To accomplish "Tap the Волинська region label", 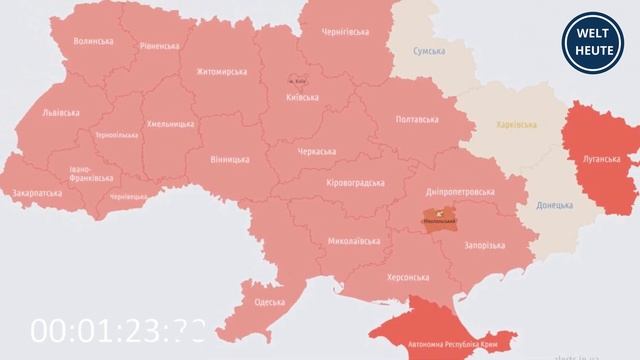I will click(x=93, y=41).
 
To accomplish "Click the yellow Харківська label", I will click(x=515, y=125).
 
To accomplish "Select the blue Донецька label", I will click(x=554, y=205).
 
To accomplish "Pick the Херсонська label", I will click(x=408, y=277).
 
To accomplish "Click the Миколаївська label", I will click(x=354, y=242).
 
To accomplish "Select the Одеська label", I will click(x=270, y=301).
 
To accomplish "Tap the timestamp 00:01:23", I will click(x=118, y=330).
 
